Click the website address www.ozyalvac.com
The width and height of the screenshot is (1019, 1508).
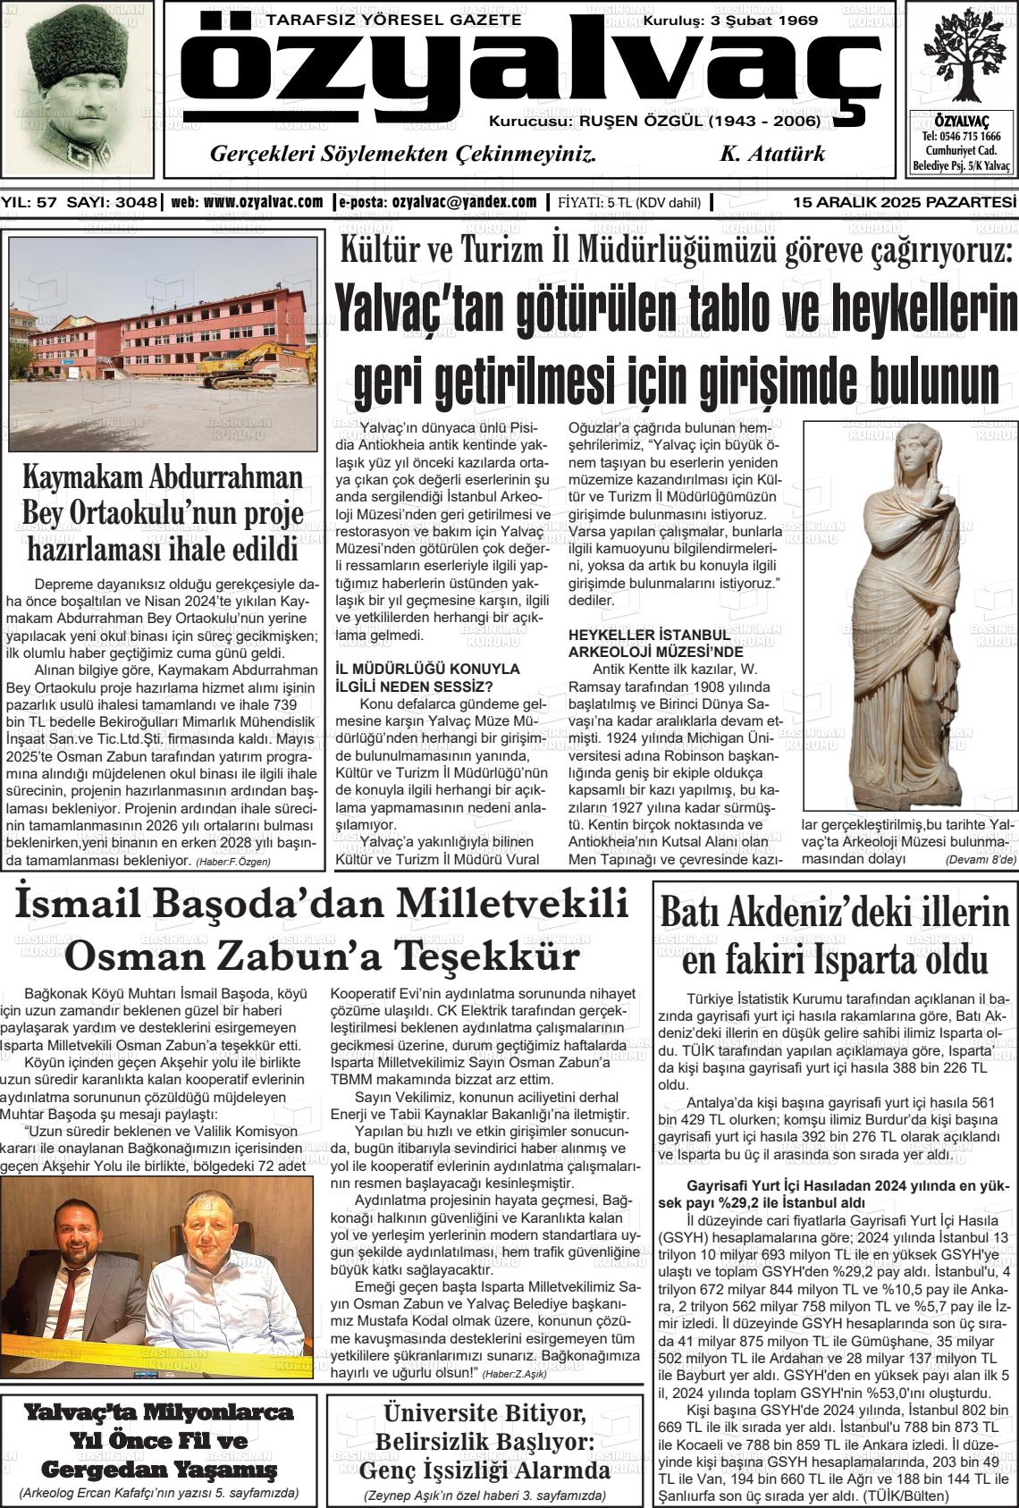coord(264,202)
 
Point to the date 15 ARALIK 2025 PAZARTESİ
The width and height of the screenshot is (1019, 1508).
coord(905,202)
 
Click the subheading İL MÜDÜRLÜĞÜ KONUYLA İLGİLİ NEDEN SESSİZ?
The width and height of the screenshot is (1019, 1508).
coord(426,677)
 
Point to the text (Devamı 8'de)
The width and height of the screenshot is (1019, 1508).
coord(981,859)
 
